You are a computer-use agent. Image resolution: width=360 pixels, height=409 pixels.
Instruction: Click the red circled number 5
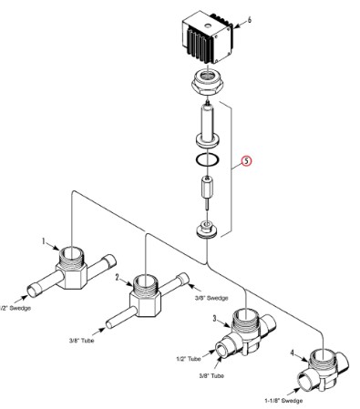247,161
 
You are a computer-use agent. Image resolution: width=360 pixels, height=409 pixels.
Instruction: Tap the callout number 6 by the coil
249,20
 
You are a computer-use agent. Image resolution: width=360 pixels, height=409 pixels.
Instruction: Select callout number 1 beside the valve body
44,241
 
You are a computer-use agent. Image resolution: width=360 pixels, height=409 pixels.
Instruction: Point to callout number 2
118,277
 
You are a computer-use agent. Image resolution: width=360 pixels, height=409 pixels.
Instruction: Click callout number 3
214,319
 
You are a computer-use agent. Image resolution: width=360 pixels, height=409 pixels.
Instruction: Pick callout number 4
292,353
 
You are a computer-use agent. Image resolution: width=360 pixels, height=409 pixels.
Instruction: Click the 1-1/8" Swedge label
283,401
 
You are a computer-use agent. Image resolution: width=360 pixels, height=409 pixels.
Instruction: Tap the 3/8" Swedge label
211,298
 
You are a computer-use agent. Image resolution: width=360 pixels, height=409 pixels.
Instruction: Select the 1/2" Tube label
189,359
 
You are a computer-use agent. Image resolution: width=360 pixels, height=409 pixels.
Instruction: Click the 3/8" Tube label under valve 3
211,375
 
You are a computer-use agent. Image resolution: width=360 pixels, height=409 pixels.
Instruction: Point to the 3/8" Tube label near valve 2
81,341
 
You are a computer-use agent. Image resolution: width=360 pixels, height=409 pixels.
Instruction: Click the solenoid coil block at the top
208,37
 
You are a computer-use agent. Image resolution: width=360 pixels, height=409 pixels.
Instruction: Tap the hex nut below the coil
208,82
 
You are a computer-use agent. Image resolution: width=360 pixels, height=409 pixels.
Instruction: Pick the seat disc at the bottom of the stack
206,230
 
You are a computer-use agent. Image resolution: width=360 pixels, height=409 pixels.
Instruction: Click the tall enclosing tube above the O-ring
207,125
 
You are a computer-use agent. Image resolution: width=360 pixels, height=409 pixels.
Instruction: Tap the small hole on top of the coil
207,26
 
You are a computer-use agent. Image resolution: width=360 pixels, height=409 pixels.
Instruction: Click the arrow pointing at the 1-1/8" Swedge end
293,391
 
